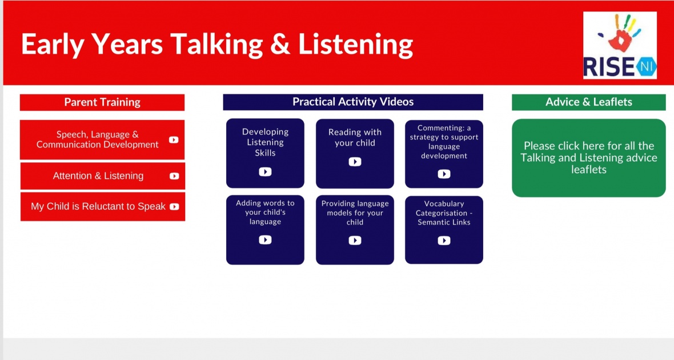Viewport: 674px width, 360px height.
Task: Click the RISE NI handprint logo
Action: coord(620,45)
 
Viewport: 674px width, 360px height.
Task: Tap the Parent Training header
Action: coord(102,102)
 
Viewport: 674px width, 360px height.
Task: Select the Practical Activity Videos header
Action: coord(353,102)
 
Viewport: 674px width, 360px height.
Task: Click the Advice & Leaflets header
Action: coord(588,102)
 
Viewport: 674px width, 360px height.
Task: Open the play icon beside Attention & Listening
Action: coord(174,176)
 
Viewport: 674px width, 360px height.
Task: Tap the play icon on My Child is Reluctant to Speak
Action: coord(174,206)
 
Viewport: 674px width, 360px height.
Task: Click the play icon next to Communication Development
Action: coord(174,140)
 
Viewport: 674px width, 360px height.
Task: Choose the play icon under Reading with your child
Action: coord(355,162)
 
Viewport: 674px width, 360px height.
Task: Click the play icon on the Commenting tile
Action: coord(444,174)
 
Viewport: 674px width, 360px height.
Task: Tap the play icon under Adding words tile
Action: coord(265,239)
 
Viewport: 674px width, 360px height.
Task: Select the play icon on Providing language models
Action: coord(355,240)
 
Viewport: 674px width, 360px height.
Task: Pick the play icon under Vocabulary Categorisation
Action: coord(444,241)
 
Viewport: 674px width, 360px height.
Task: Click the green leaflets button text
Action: coord(588,157)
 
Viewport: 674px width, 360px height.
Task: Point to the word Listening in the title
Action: coord(355,45)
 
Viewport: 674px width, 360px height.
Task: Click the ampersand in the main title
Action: coord(280,45)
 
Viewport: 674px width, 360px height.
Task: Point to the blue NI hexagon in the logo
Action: coord(645,67)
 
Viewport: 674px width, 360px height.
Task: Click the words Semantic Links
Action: coord(444,222)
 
